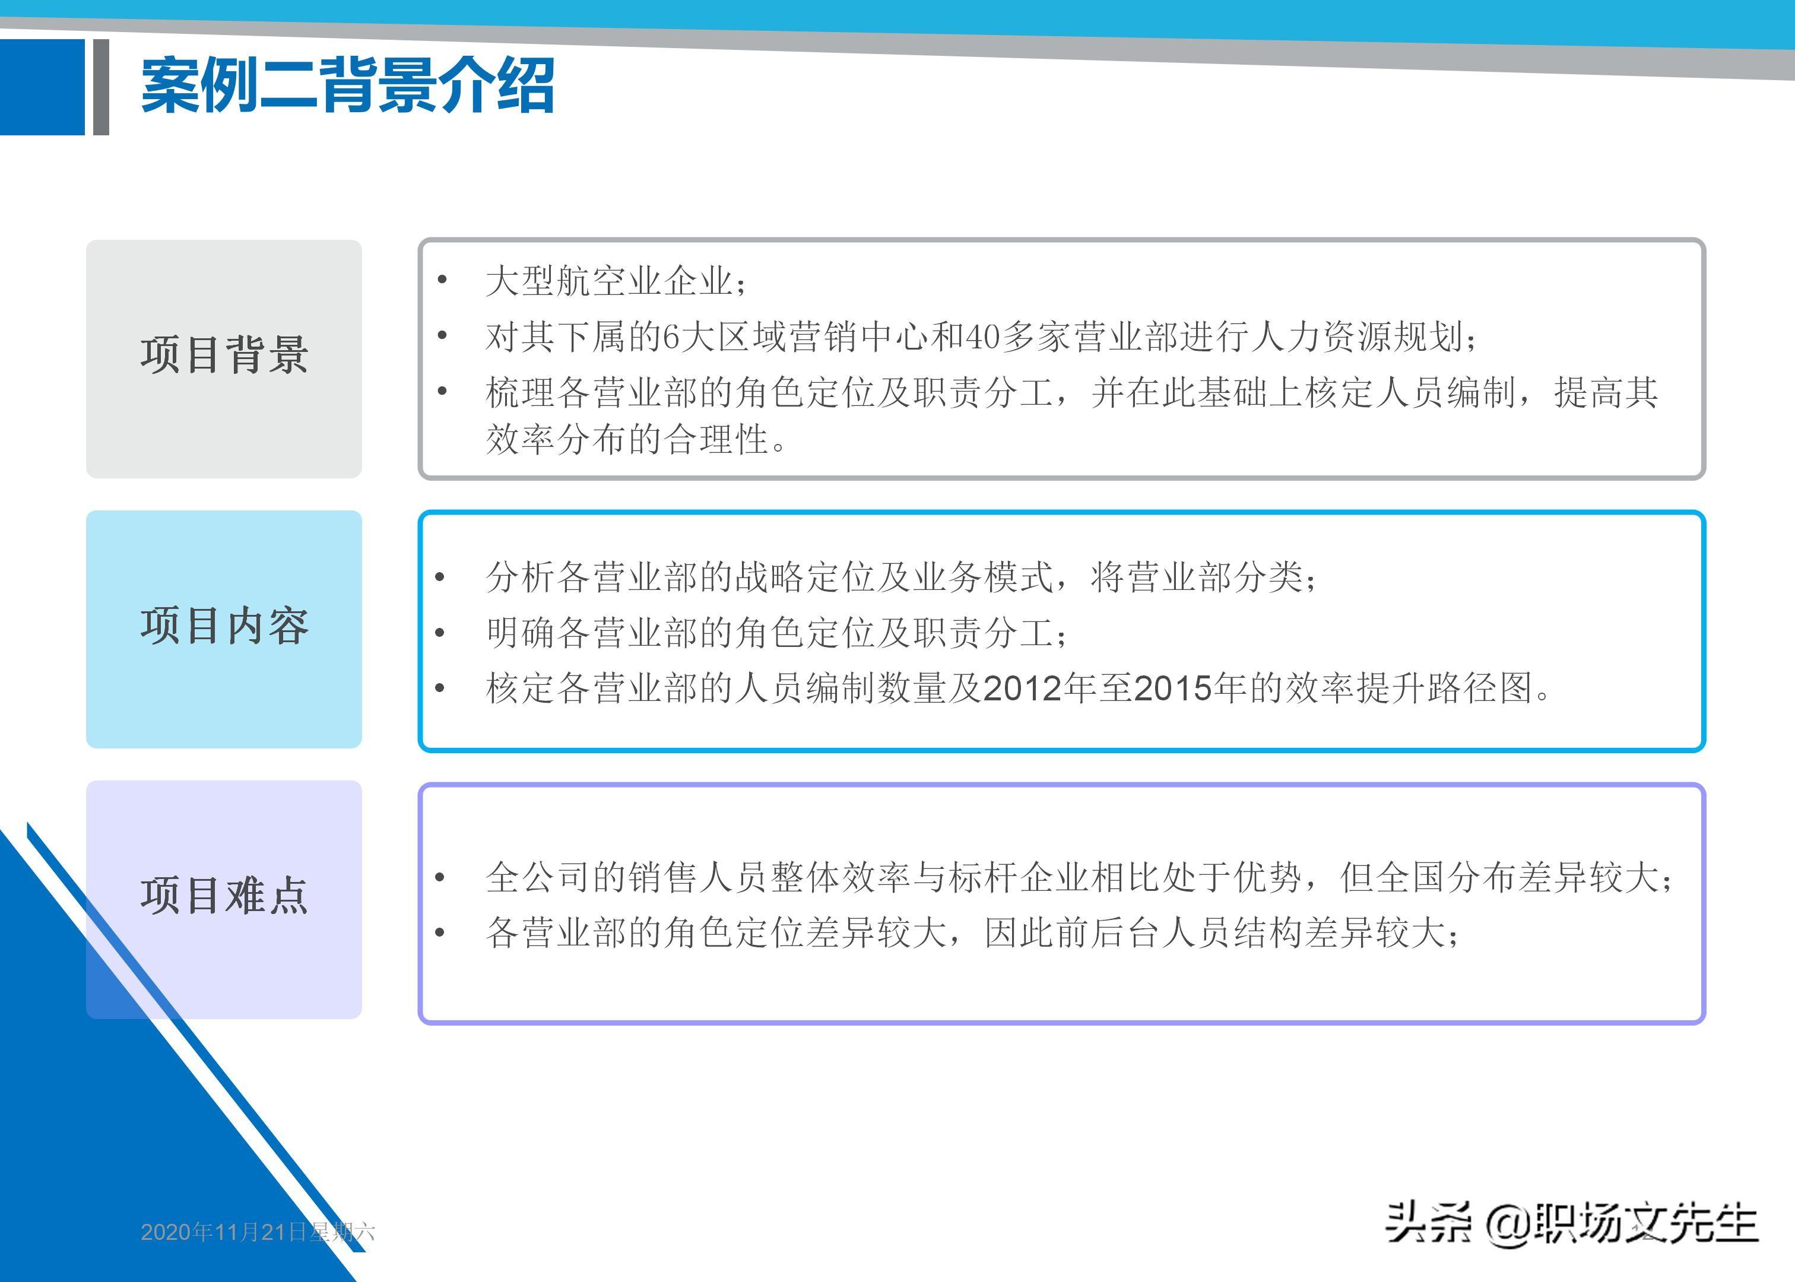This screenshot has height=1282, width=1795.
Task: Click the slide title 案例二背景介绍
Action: tap(347, 85)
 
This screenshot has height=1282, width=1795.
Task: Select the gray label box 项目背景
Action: tap(224, 358)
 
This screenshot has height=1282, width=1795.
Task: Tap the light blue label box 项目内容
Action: tap(224, 629)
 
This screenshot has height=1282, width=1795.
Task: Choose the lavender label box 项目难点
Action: tap(224, 899)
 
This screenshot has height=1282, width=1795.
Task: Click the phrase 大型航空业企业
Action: tap(608, 281)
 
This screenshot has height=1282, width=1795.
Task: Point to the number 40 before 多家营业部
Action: tap(983, 337)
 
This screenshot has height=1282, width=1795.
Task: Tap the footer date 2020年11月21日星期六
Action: tap(258, 1232)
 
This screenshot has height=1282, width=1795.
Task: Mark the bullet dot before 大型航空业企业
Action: tap(442, 280)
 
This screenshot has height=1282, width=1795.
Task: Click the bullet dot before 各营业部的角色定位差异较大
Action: tap(440, 932)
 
